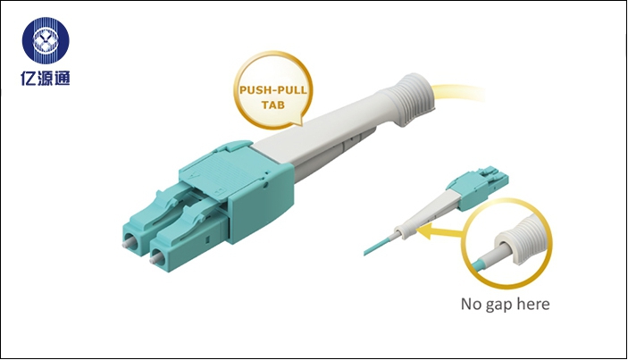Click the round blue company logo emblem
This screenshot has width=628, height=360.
(46, 40)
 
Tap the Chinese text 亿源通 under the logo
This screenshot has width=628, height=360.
(46, 78)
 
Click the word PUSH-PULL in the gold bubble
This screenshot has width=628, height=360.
(273, 89)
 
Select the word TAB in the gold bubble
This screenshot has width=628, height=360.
(273, 105)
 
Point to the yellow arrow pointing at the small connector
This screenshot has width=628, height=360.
(440, 231)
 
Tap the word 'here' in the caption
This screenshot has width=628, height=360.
(533, 304)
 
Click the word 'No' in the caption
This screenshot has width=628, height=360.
(472, 304)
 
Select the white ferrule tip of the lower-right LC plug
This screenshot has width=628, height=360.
(155, 259)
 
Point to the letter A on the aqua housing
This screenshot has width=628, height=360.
(195, 174)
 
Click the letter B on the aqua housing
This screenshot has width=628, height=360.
(219, 191)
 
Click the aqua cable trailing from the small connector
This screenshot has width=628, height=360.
(378, 246)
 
